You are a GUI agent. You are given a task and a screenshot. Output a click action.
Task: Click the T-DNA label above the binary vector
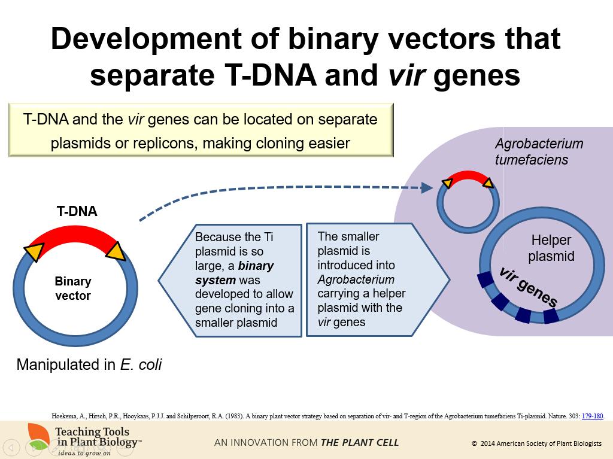[77, 211]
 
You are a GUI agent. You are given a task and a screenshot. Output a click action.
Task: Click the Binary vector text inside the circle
[73, 288]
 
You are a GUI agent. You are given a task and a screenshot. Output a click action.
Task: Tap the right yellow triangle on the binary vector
[115, 251]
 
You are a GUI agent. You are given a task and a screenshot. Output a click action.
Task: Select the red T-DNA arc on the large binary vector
[75, 235]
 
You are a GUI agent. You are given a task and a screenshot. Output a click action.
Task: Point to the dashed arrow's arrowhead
[427, 188]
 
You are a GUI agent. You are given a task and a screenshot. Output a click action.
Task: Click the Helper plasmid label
[551, 248]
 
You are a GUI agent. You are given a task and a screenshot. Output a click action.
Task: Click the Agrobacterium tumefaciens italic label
[539, 152]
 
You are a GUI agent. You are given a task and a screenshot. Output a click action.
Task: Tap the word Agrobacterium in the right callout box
[356, 279]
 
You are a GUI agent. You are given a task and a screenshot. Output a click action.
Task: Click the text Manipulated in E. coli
[89, 364]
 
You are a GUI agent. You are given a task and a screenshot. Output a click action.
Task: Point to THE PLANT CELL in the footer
[359, 443]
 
